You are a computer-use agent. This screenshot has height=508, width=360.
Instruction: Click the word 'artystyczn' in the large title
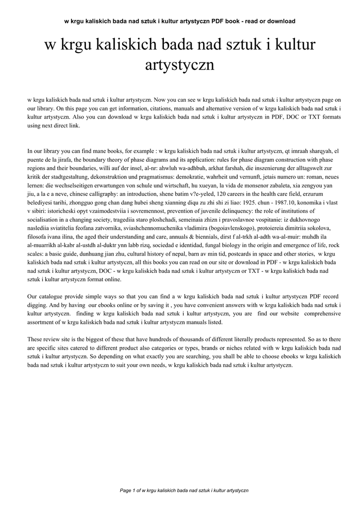179,64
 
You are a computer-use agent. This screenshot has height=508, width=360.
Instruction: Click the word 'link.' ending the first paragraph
72,126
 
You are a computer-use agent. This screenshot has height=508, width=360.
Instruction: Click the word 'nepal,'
166,266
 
